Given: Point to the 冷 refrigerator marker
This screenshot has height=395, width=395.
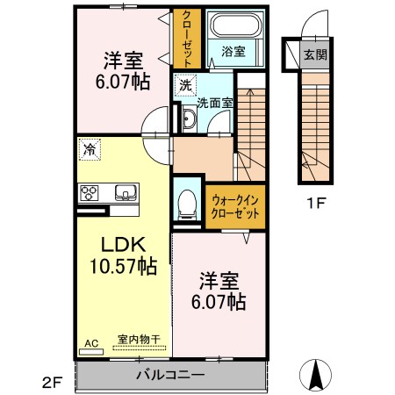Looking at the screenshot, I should (x=89, y=148).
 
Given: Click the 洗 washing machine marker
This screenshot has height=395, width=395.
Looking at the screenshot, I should (x=184, y=85).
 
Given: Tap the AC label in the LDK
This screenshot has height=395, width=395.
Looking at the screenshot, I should (x=91, y=344).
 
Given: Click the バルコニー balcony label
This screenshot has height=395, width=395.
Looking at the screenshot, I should (x=170, y=375).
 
